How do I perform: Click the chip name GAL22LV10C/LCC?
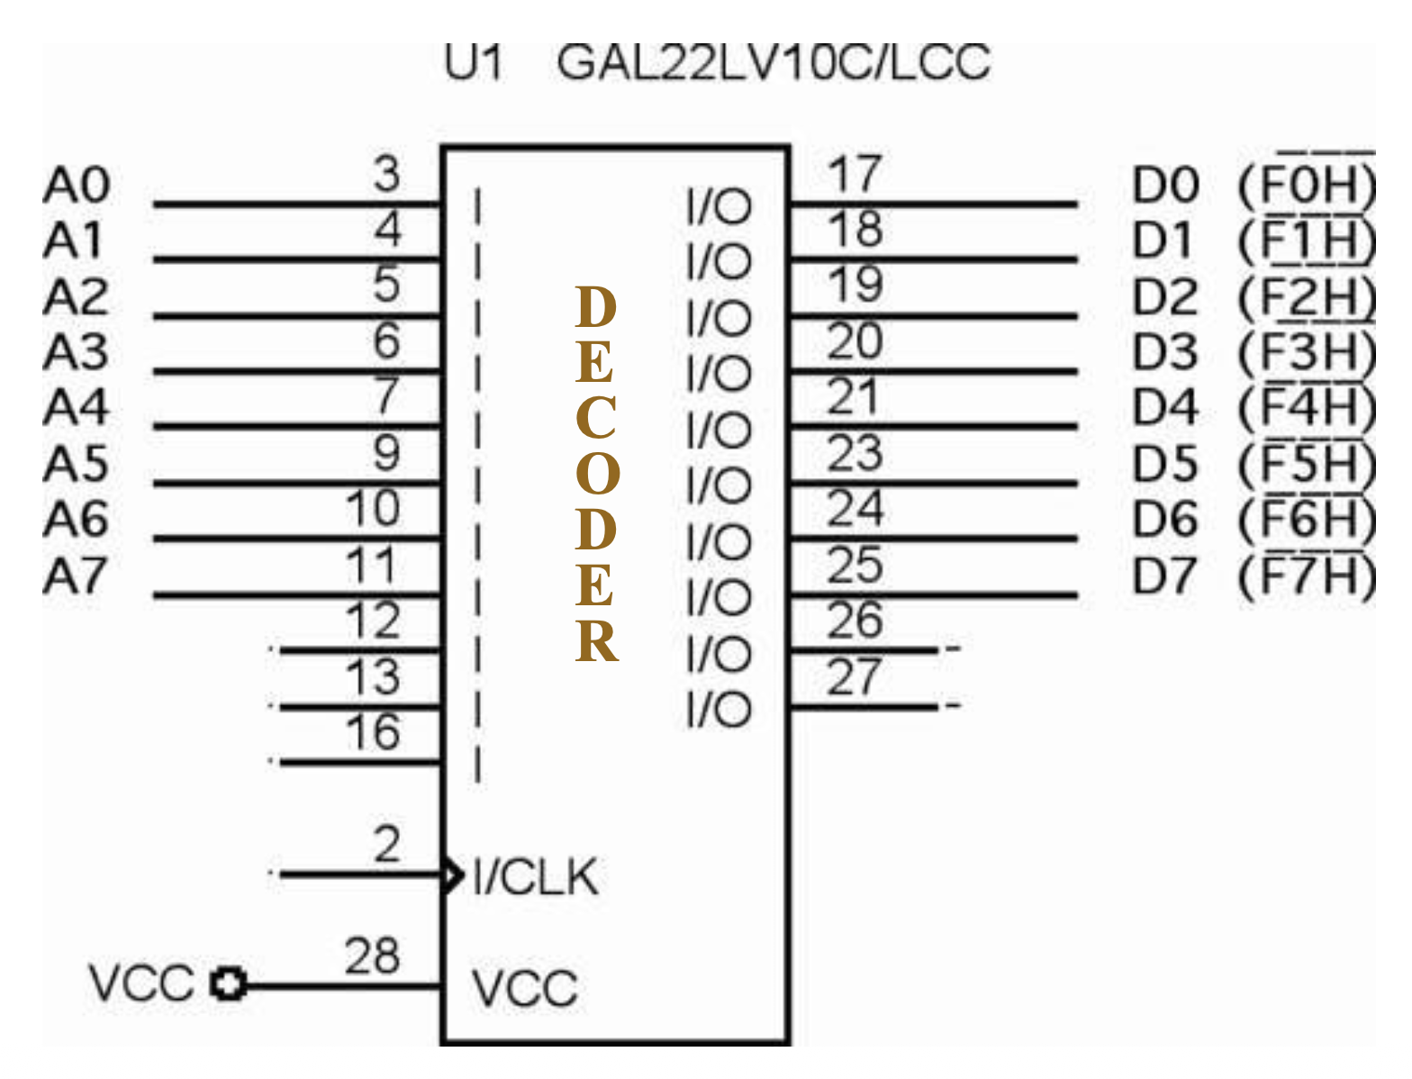773,62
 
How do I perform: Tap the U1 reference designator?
474,62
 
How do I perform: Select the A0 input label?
77,186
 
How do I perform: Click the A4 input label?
77,408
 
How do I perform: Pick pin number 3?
386,173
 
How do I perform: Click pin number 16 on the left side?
373,732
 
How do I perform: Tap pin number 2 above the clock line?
386,844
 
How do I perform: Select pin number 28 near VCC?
372,956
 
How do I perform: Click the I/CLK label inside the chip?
535,876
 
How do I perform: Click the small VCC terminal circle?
229,984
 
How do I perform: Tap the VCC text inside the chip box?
524,988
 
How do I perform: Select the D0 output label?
1165,186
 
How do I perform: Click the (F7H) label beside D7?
1307,576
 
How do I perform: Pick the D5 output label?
1165,465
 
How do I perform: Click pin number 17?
854,173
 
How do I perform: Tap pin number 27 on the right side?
854,676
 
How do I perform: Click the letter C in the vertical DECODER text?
596,418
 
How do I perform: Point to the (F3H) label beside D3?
1307,353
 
